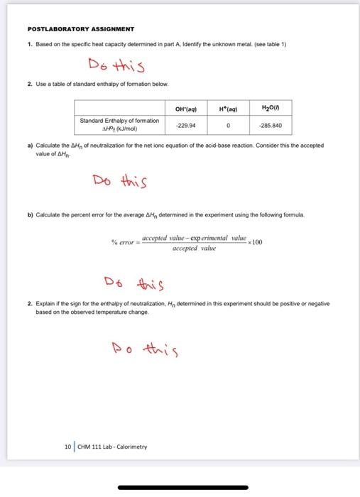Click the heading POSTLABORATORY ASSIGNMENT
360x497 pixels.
(80, 29)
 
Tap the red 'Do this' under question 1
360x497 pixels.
(116, 67)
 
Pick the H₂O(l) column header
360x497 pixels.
(271, 109)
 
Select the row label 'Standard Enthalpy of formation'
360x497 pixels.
(120, 121)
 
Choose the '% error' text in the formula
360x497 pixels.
(124, 243)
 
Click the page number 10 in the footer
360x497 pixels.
(67, 447)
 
